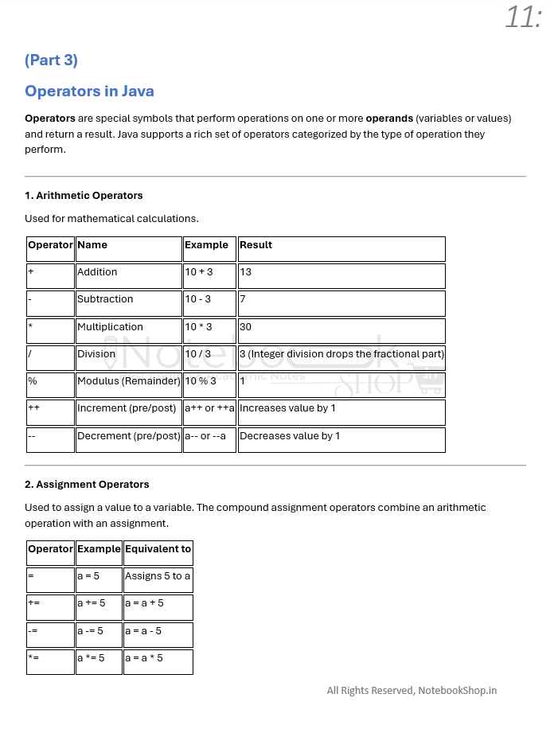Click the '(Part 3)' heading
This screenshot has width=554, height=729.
coord(51,60)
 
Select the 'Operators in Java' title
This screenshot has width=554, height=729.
coord(89,91)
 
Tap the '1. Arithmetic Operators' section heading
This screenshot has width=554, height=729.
coord(84,195)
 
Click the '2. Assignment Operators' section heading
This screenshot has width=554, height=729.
coord(87,484)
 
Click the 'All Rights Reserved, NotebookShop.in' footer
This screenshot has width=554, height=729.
coord(412,691)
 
